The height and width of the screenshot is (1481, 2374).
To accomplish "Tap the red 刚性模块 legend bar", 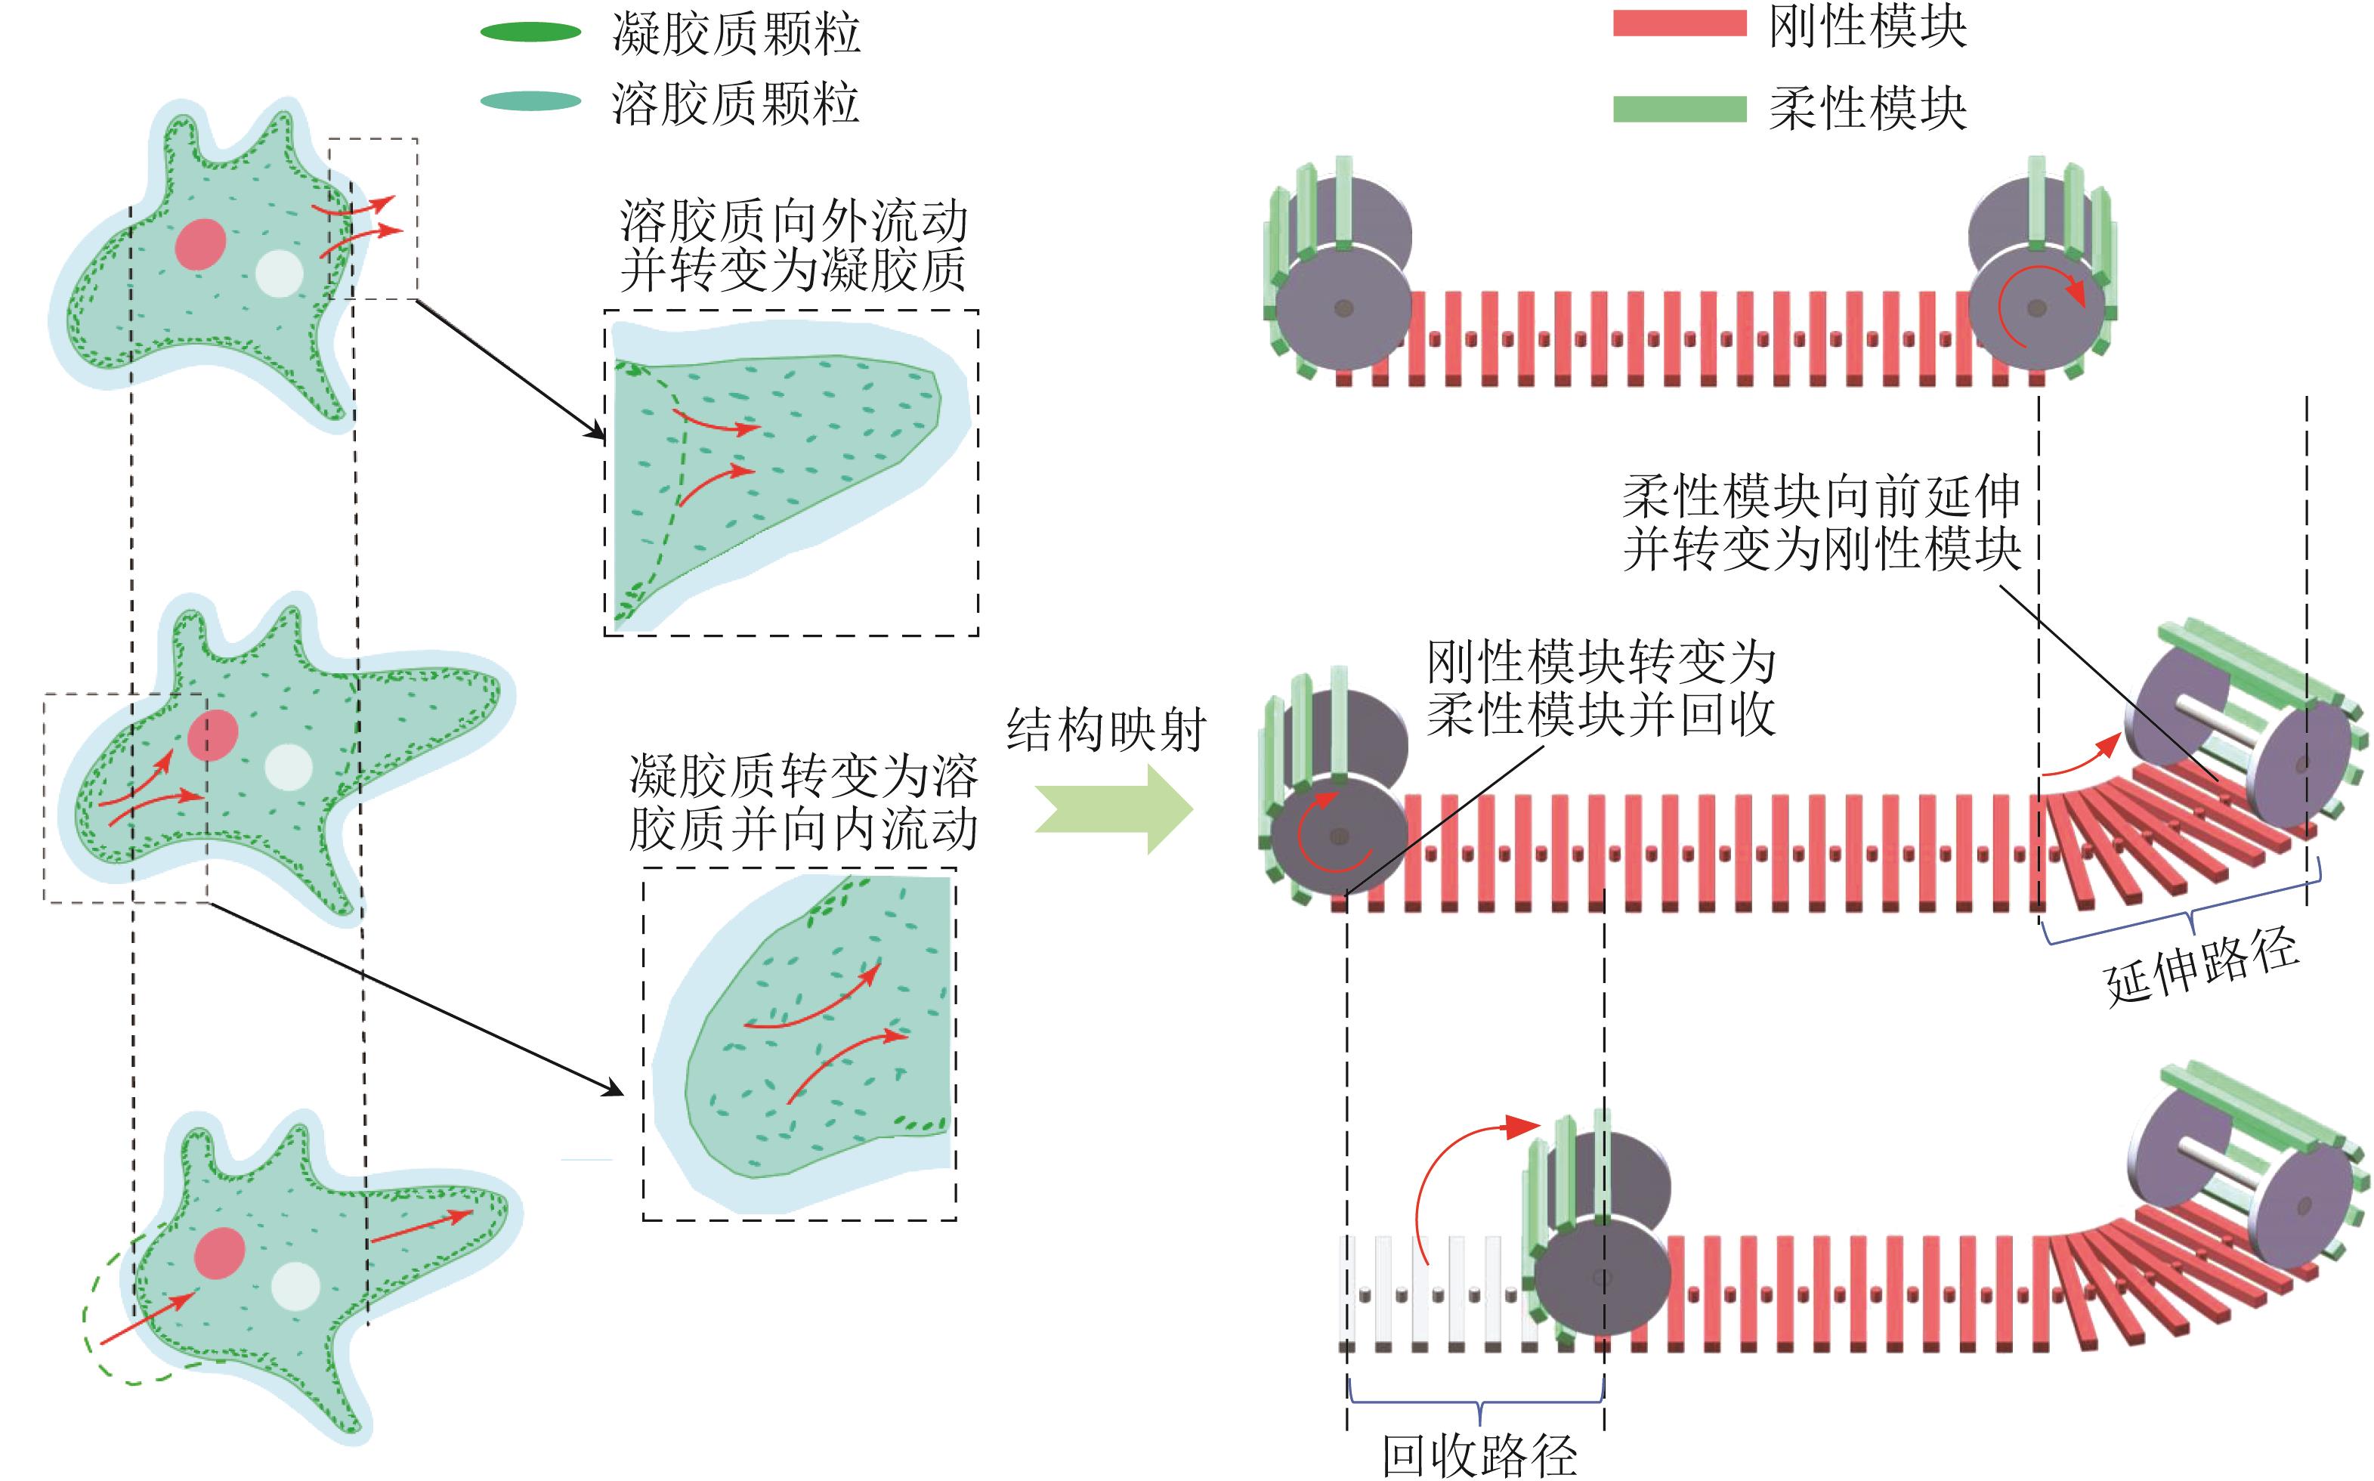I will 1680,24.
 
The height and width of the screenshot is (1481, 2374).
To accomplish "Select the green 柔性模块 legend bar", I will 1680,109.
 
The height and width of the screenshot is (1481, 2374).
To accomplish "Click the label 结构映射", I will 1105,730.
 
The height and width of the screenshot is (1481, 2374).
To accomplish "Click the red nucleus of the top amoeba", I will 201,244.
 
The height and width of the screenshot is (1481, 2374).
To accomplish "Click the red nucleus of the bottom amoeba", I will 218,1253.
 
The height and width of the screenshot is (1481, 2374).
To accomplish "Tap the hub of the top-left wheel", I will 1343,308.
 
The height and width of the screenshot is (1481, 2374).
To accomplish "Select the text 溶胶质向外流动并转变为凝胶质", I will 793,246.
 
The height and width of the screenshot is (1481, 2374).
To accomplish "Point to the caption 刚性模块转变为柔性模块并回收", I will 1600,688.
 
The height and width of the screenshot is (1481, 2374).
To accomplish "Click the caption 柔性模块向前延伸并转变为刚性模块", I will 1822,523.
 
